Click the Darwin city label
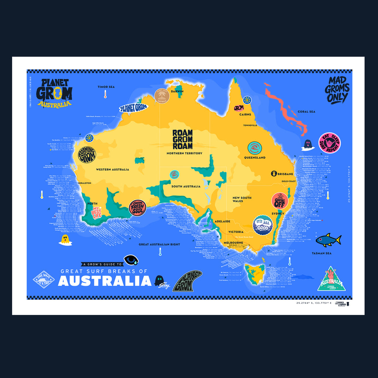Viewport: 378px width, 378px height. (x=177, y=91)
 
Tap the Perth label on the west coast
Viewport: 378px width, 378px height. (x=92, y=203)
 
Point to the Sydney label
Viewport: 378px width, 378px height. (x=278, y=213)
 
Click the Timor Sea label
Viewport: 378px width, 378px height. (x=106, y=87)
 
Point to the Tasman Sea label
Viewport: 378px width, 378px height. (x=322, y=253)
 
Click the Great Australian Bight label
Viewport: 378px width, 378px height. (x=159, y=244)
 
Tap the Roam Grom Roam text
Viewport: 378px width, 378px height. (x=182, y=139)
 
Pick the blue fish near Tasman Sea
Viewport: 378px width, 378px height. (x=328, y=240)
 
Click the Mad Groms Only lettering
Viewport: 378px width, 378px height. (x=337, y=90)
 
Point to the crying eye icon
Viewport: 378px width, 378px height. (x=131, y=260)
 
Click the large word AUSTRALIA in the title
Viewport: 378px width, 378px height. (x=105, y=281)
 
